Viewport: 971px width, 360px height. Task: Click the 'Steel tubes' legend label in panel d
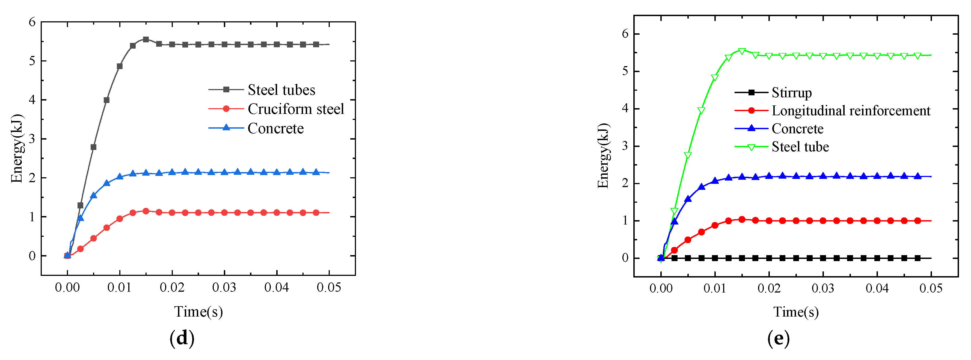pyautogui.click(x=281, y=90)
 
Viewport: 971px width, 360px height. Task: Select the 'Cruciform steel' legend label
pyautogui.click(x=296, y=109)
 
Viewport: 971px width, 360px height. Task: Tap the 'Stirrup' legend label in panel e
pyautogui.click(x=792, y=92)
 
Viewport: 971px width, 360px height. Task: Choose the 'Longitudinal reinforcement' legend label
pyautogui.click(x=851, y=110)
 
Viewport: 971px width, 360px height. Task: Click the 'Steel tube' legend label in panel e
pyautogui.click(x=800, y=147)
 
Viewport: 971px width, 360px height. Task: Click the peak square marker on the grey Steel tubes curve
pyautogui.click(x=146, y=39)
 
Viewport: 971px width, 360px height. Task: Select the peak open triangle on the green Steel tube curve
pyautogui.click(x=742, y=51)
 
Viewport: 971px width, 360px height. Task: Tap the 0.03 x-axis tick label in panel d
pyautogui.click(x=224, y=288)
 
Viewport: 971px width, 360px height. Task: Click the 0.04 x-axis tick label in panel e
pyautogui.click(x=877, y=288)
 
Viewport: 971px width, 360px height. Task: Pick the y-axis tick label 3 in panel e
pyautogui.click(x=625, y=146)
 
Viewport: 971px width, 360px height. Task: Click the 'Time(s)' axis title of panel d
pyautogui.click(x=198, y=312)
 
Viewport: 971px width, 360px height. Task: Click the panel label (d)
pyautogui.click(x=182, y=338)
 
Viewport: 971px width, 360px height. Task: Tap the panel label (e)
pyautogui.click(x=778, y=338)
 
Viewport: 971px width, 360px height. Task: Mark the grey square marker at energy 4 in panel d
pyautogui.click(x=107, y=100)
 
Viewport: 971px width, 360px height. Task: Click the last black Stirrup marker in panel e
pyautogui.click(x=917, y=258)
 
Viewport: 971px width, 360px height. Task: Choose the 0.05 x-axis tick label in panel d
pyautogui.click(x=329, y=288)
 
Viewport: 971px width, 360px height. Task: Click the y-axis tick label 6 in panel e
pyautogui.click(x=625, y=34)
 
